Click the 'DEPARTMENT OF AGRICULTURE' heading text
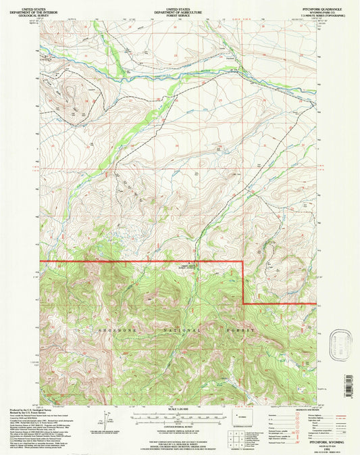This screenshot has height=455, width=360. [178, 9]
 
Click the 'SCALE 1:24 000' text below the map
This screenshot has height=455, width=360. [179, 409]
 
